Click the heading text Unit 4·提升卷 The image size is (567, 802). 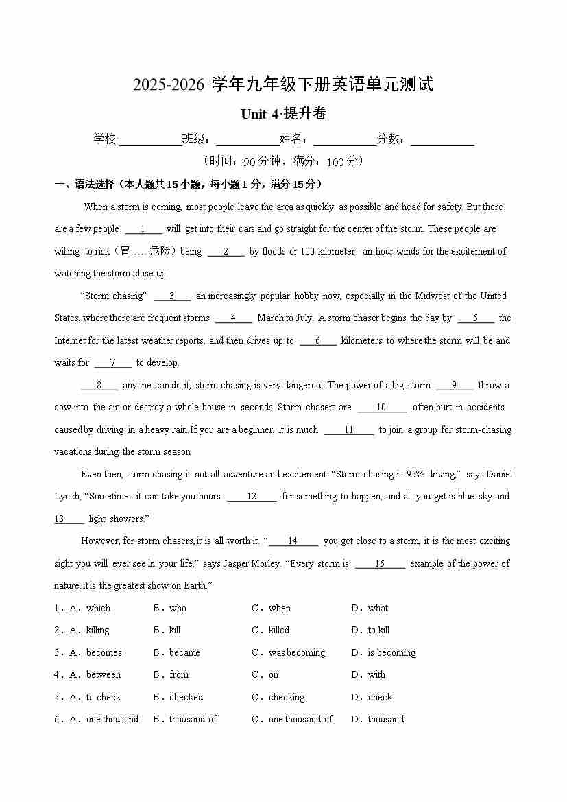pyautogui.click(x=283, y=114)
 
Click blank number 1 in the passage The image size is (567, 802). pyautogui.click(x=143, y=229)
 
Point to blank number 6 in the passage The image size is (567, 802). pyautogui.click(x=318, y=341)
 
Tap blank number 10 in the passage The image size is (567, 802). pyautogui.click(x=381, y=408)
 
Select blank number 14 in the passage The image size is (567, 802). pyautogui.click(x=293, y=541)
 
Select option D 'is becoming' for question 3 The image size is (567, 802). pyautogui.click(x=391, y=653)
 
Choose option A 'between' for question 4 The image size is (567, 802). pyautogui.click(x=103, y=675)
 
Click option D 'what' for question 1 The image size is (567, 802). pyautogui.click(x=377, y=609)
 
